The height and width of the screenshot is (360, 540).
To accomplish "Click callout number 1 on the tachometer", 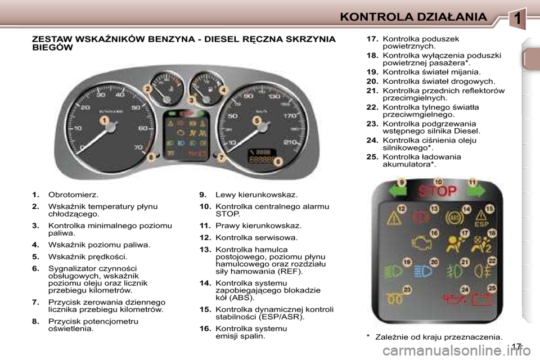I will pos(105,120).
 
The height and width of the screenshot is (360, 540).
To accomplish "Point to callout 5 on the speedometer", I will pos(257,120).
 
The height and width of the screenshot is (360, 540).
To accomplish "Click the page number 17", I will pos(516,346).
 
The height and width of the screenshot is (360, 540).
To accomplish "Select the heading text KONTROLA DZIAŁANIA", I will pos(413,17).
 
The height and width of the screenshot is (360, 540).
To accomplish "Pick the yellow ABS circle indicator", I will pos(452,217).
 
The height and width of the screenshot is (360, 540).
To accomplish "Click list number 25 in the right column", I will pos(372,157).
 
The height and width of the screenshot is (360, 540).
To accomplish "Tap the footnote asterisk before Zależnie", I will pos(367,337).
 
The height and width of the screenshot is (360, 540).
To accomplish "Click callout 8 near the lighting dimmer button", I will pos(151,158).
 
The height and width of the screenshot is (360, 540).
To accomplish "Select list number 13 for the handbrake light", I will pos(204,249).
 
